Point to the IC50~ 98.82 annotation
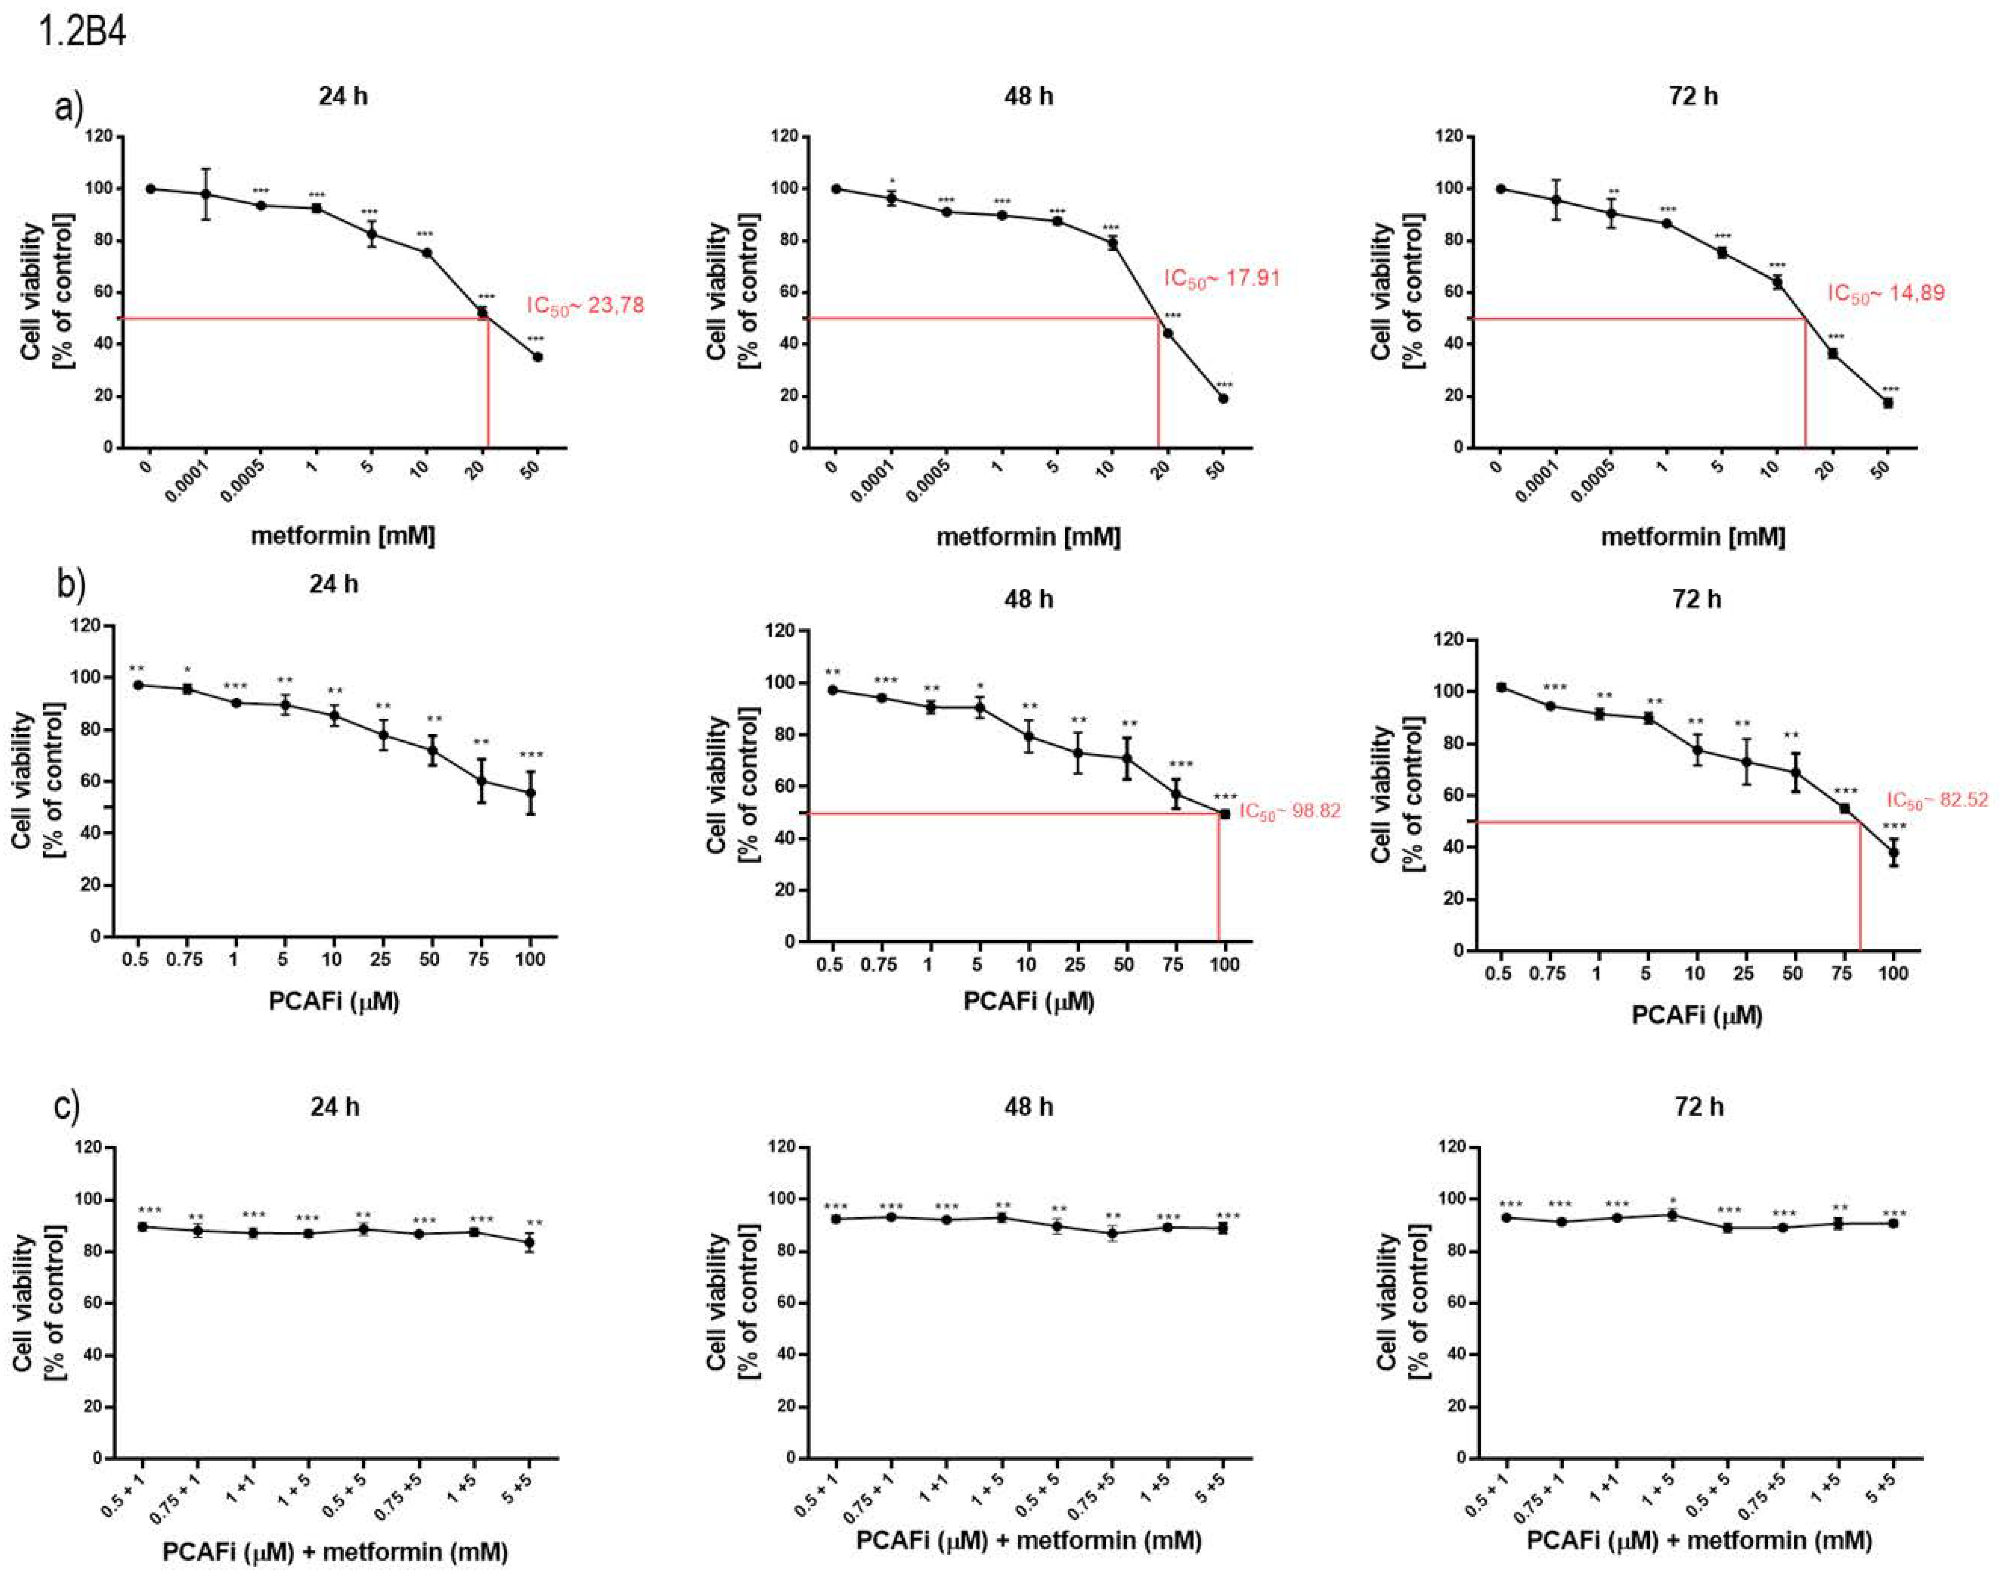tap(1290, 811)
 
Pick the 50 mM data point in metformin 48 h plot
tap(1223, 398)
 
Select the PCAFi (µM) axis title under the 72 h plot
tap(1696, 1016)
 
